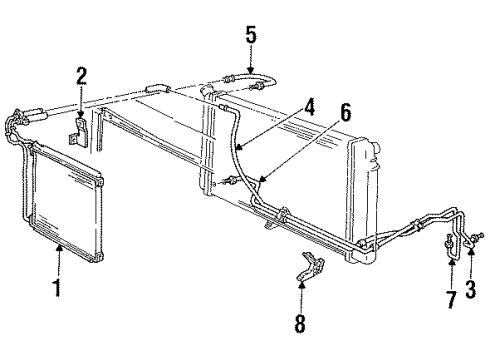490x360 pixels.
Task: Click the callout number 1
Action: click(x=58, y=291)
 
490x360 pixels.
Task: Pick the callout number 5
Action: click(x=251, y=36)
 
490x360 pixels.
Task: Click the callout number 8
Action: click(x=301, y=324)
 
